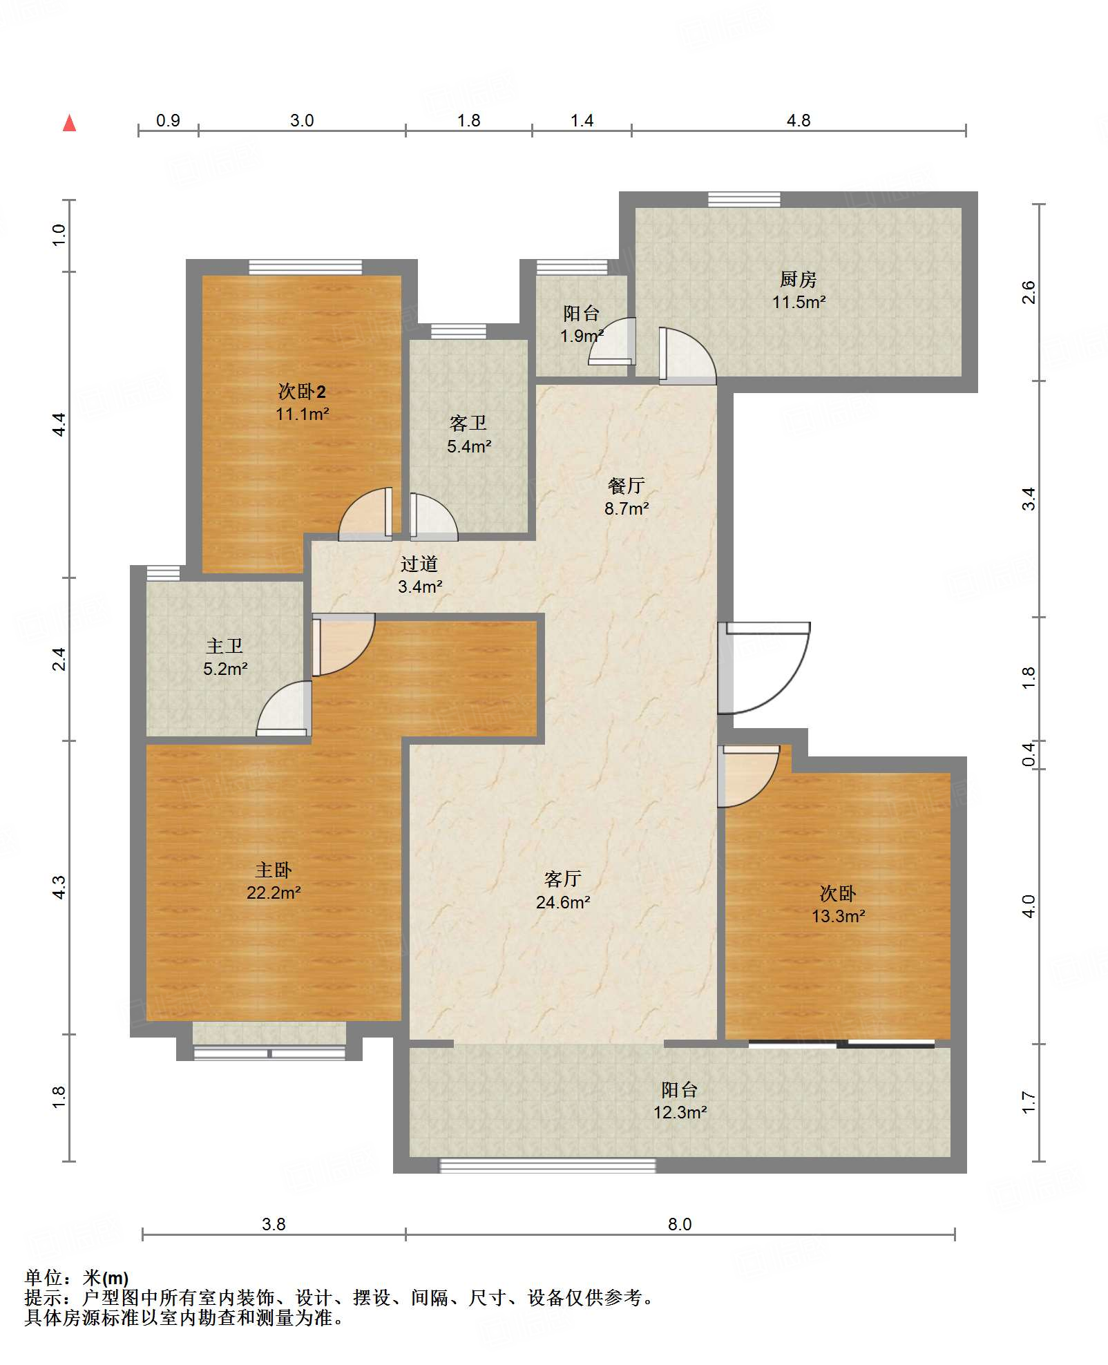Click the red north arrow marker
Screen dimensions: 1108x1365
point(69,123)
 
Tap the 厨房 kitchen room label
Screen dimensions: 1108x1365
point(799,279)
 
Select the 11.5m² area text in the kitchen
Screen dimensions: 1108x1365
point(799,302)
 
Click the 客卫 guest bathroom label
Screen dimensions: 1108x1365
point(468,423)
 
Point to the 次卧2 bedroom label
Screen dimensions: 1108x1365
point(302,391)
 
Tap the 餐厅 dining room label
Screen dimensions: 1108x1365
point(627,486)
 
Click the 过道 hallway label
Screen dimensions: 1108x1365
point(419,564)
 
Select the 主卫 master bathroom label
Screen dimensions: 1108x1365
point(225,646)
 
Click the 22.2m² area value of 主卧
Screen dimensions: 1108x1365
point(274,892)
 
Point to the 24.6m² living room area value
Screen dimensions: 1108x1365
point(563,902)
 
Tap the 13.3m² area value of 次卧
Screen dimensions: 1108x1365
point(839,916)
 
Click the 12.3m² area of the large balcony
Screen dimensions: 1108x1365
point(680,1112)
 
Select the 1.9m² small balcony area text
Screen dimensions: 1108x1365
point(582,336)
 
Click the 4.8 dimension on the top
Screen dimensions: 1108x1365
point(799,121)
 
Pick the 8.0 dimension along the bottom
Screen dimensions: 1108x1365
point(680,1224)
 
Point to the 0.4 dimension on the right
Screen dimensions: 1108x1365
point(1029,754)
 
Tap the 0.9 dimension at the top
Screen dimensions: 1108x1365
point(168,121)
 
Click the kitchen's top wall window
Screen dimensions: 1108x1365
point(744,200)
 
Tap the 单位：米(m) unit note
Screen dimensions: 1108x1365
point(77,1278)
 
